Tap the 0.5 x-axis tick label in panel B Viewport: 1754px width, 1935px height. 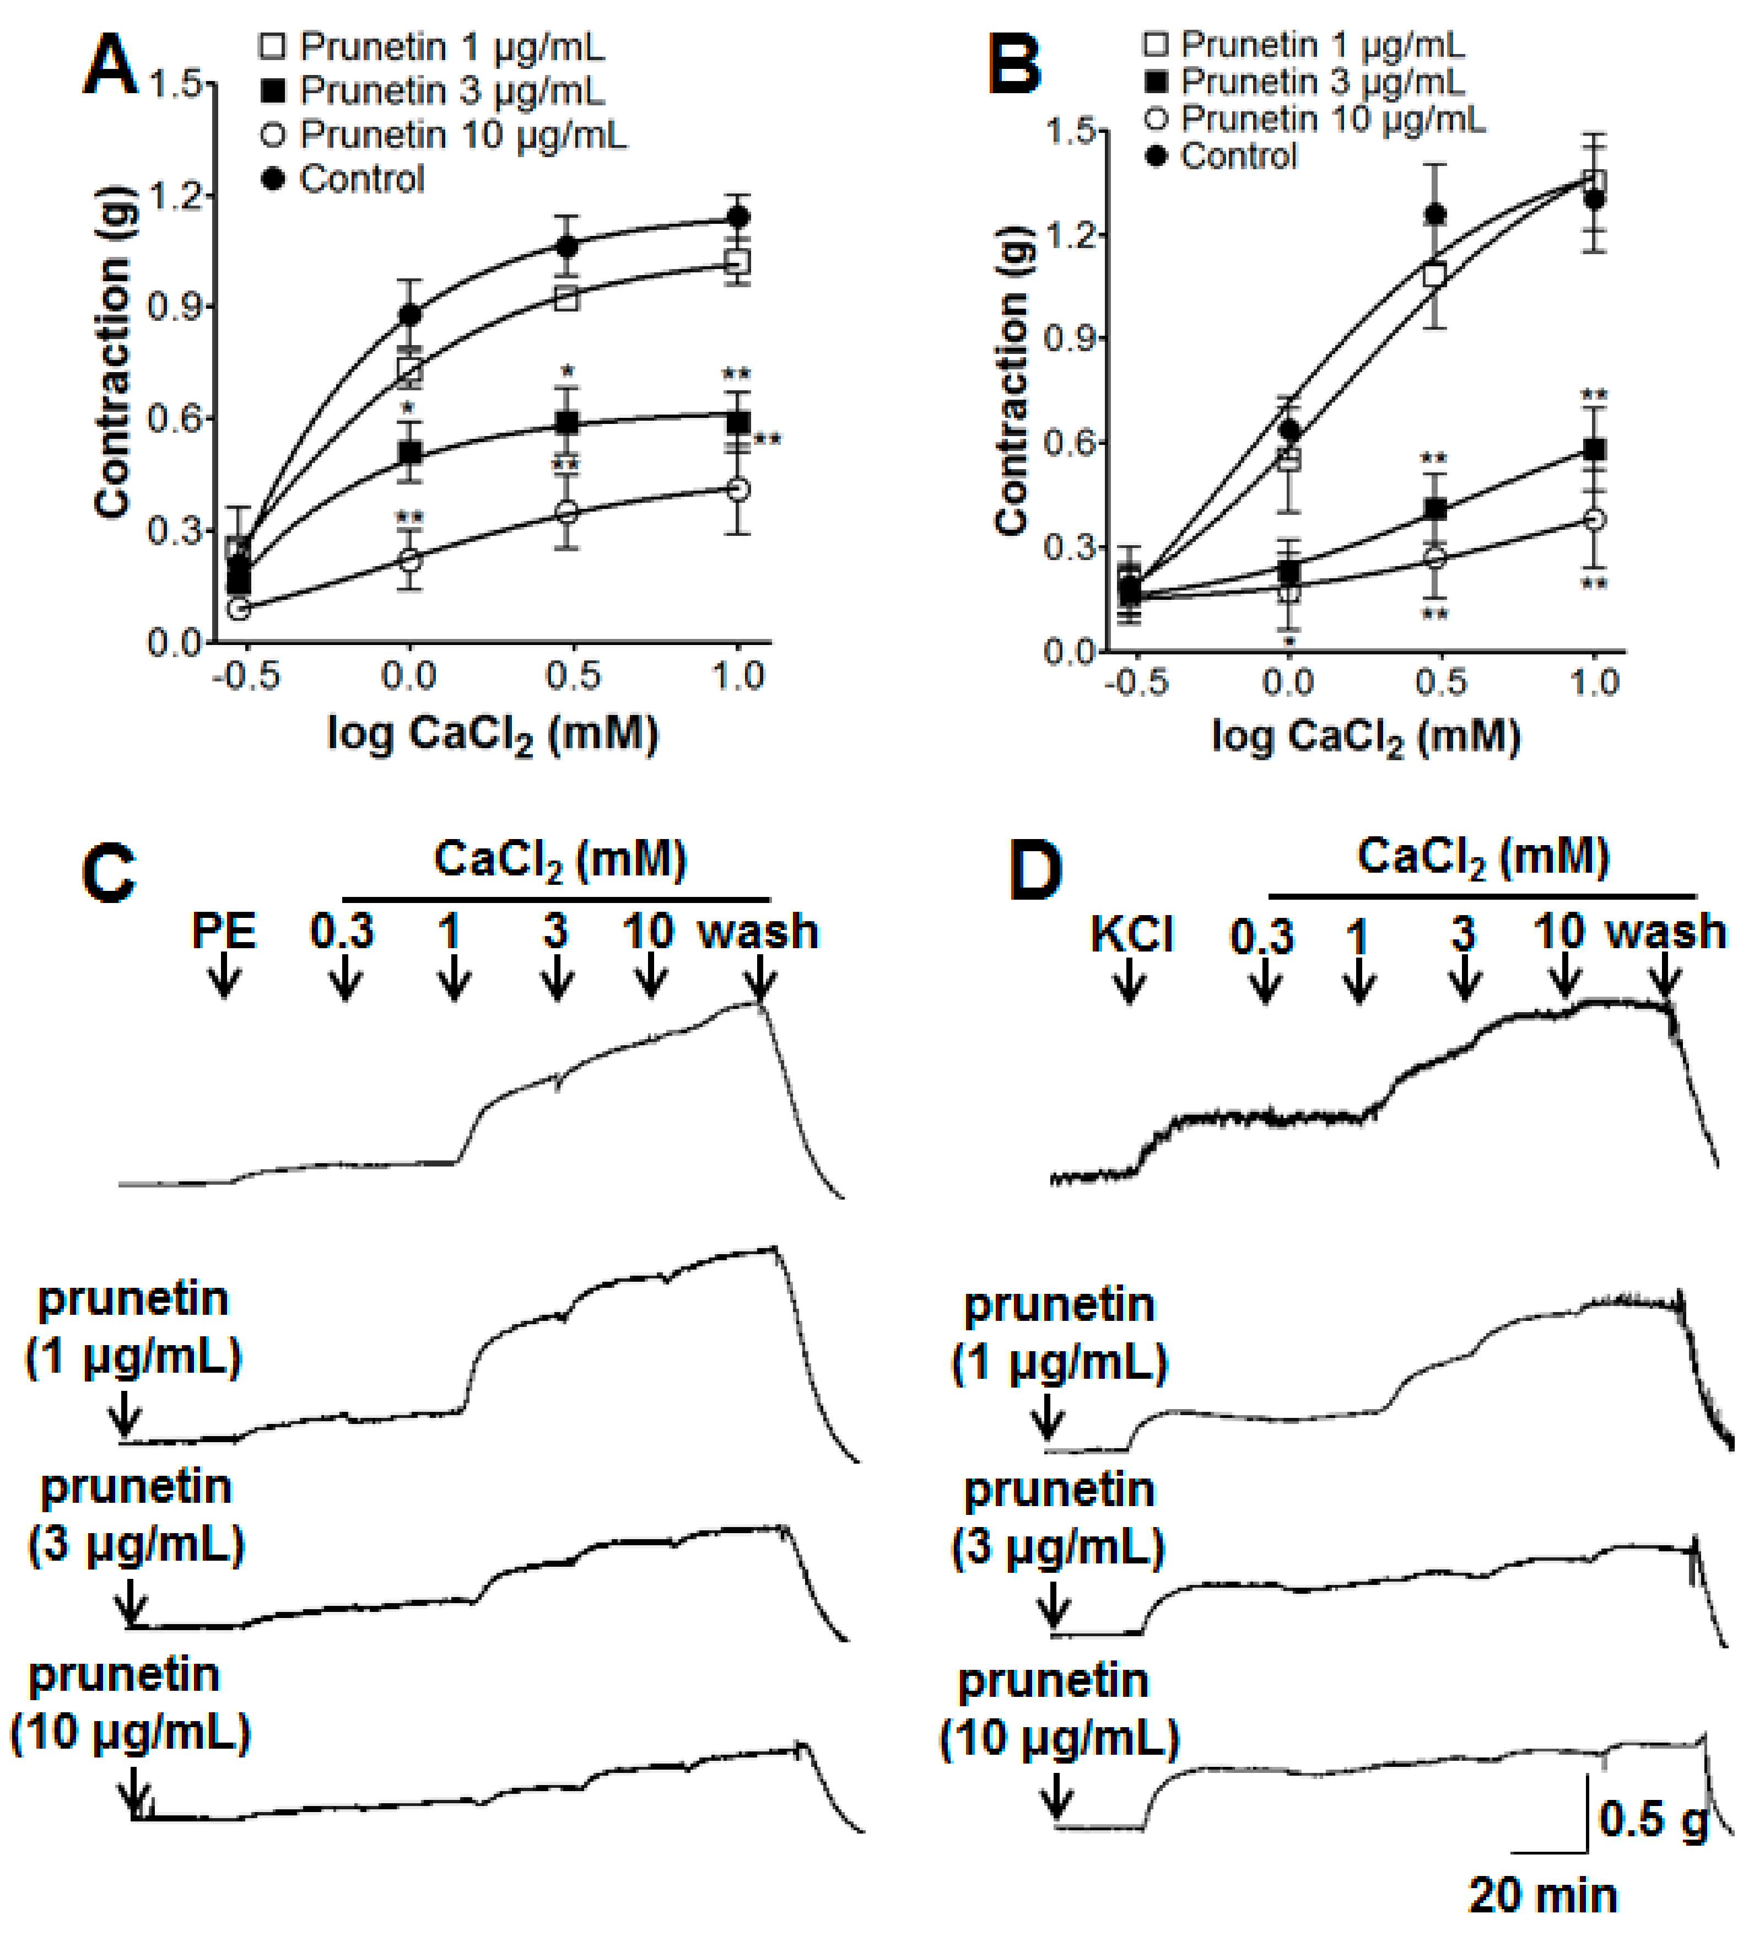coord(1440,682)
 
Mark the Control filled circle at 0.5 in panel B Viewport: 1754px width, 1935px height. coord(1434,214)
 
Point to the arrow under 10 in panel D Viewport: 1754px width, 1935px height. coord(1565,979)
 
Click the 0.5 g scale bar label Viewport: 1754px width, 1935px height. coord(1652,1819)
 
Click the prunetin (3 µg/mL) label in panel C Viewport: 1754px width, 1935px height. coord(136,1517)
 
